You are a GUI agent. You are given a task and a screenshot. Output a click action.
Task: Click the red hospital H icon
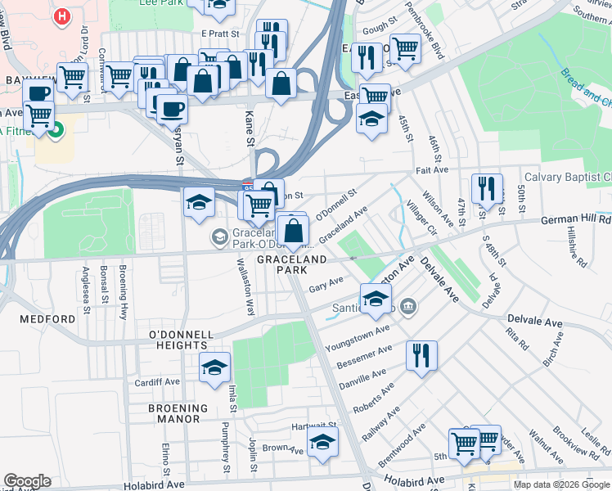coord(61,16)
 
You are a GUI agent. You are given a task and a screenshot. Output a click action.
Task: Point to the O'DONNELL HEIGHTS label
coord(180,340)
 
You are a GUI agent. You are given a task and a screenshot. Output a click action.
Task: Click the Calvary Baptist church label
coord(567,177)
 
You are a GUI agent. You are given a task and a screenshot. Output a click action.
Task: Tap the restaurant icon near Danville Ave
coord(421,355)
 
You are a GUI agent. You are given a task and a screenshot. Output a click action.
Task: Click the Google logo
coord(27,481)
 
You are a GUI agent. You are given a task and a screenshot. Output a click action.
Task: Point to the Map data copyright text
coord(561,484)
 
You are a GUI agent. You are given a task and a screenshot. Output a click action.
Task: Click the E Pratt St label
coord(219,34)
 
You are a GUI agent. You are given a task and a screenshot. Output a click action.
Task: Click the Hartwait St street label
coord(317,426)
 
